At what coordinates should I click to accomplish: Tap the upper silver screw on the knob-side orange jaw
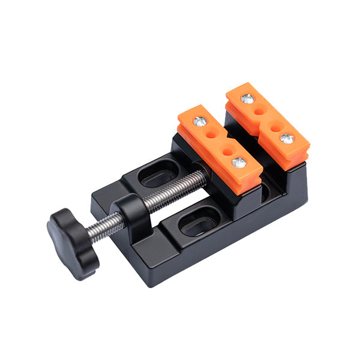coord(200,121)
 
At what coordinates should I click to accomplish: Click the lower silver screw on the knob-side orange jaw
coord(239,162)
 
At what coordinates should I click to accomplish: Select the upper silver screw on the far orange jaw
coord(247,99)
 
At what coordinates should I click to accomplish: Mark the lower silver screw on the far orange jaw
coord(286,139)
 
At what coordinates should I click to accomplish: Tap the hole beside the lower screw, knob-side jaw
coord(229,151)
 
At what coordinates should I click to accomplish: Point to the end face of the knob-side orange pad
coord(246,183)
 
